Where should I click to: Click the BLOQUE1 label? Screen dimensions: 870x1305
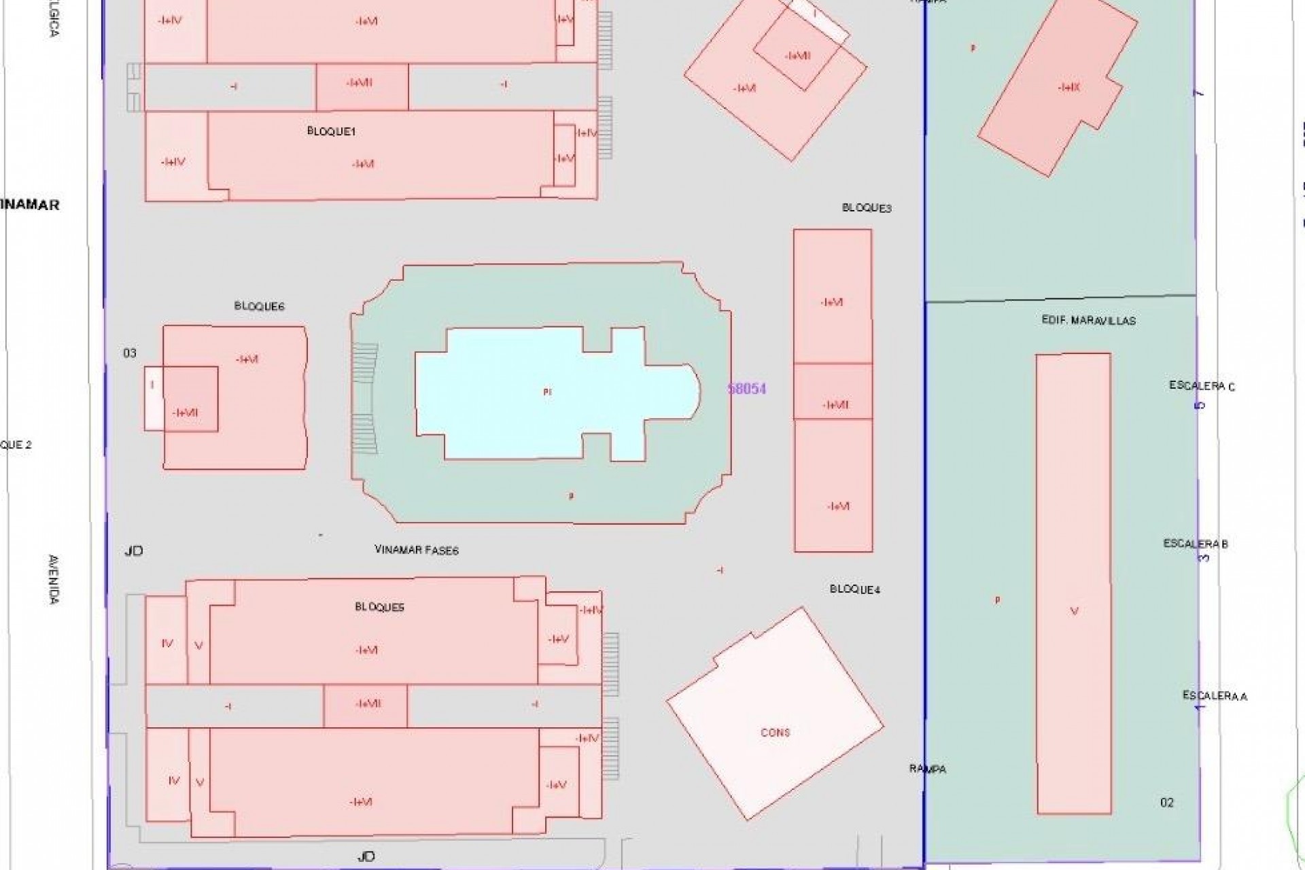(331, 132)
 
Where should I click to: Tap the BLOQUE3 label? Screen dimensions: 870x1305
(867, 208)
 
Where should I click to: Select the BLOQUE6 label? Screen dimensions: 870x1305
(259, 307)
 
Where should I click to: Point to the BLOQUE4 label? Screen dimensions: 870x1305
(855, 589)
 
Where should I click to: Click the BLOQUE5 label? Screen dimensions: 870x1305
(379, 607)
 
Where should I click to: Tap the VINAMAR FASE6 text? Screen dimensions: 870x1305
(417, 550)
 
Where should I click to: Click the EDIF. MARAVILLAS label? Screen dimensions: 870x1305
(1088, 320)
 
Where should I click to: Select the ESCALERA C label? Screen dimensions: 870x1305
(1202, 386)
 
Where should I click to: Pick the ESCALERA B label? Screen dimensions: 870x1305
(1196, 544)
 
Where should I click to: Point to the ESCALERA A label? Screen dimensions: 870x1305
(1215, 696)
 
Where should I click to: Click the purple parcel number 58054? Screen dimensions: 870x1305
(747, 389)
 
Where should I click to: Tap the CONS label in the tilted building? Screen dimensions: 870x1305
(775, 733)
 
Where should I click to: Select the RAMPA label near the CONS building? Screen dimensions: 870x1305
(928, 769)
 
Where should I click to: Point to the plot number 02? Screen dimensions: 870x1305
(1166, 803)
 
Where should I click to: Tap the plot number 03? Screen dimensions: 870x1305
(129, 353)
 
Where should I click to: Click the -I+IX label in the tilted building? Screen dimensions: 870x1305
(1069, 87)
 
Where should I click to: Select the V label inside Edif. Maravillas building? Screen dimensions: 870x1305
(1074, 612)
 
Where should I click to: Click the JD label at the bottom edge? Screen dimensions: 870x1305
(366, 856)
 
